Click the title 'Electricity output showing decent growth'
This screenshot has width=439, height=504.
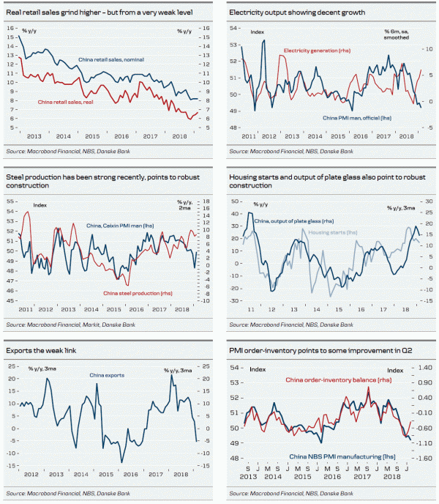point(296,13)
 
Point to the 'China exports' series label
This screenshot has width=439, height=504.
point(107,375)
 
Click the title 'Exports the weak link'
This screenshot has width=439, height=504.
point(45,351)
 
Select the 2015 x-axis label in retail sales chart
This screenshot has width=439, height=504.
point(92,136)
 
